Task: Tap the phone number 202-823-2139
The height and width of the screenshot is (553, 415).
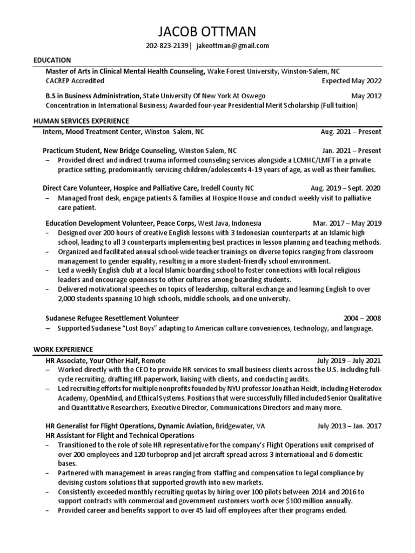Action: coord(166,46)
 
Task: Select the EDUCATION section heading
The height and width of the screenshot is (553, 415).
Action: coord(52,60)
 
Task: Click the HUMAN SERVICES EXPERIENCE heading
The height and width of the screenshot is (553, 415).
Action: coord(81,121)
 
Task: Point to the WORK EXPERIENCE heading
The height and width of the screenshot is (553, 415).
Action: coord(63,349)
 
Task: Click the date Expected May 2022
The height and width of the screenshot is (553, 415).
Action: coord(351,82)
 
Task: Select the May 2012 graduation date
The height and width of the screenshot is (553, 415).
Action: coord(366,96)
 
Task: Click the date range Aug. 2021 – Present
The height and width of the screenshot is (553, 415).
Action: coord(351,132)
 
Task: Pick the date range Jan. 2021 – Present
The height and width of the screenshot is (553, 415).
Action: coord(351,151)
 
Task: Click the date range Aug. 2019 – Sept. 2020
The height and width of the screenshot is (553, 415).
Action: coord(346,188)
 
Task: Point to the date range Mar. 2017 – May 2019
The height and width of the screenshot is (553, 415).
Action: coord(347,223)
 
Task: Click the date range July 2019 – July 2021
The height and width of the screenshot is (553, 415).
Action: coord(349,360)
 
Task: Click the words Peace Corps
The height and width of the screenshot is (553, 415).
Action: coord(176,223)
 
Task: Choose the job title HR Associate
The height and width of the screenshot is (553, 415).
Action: coord(68,360)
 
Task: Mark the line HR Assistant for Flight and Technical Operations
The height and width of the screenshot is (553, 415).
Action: coord(120,435)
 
